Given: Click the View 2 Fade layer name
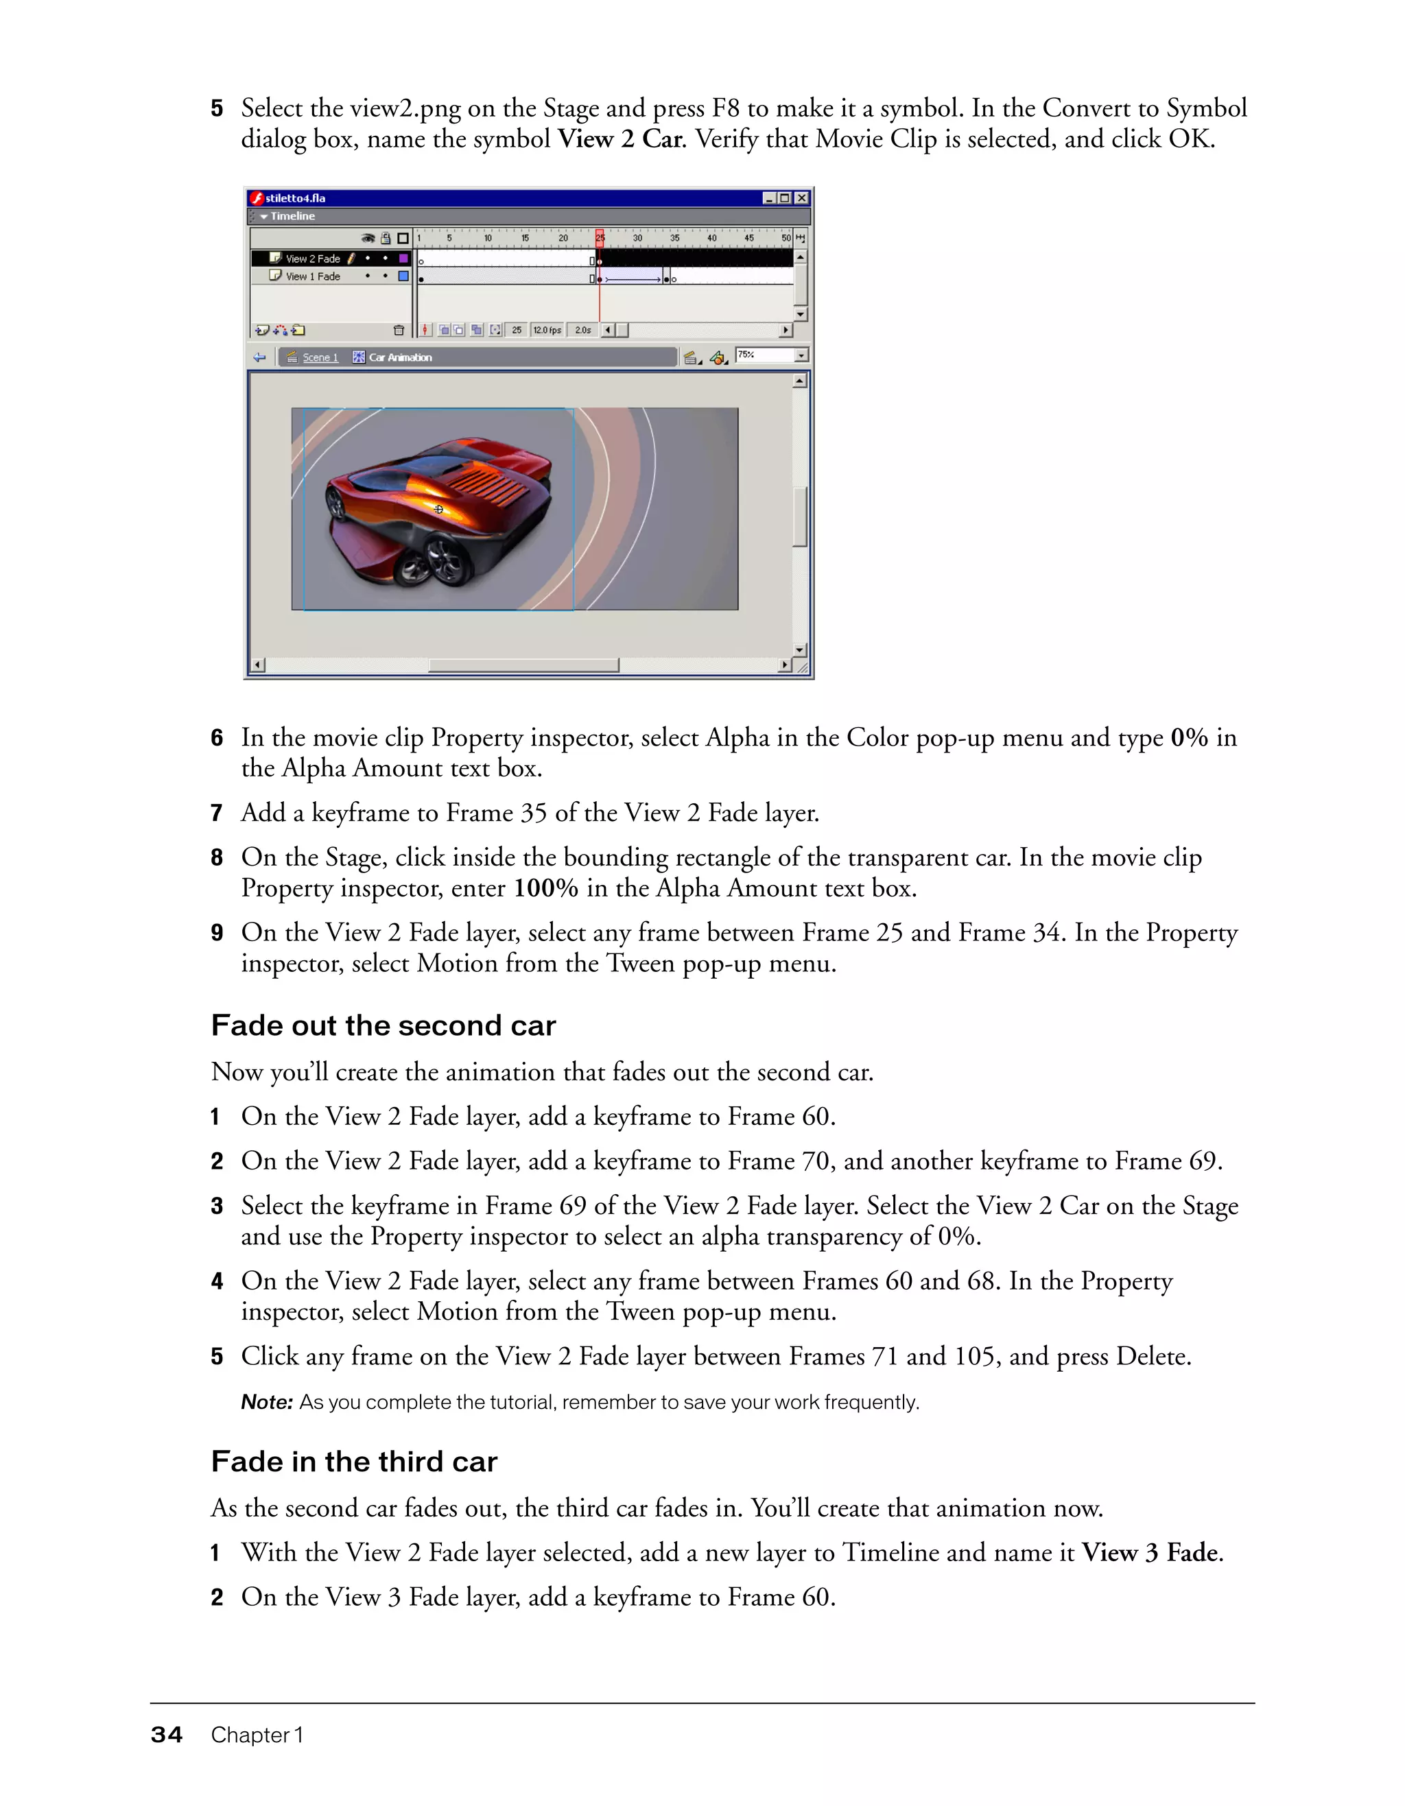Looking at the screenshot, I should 313,259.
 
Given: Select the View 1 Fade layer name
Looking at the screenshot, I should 313,277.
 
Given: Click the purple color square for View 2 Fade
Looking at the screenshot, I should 403,259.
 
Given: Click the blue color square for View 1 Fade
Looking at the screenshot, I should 403,277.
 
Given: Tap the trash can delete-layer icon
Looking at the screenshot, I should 399,331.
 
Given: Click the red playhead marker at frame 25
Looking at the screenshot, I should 600,237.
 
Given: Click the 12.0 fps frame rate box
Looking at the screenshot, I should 547,331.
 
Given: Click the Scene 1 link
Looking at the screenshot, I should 320,358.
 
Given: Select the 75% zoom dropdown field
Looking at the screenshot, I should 764,355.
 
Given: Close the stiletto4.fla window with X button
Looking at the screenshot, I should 801,198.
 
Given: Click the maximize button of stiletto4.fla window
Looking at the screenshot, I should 785,198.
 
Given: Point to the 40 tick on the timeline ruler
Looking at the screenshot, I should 711,238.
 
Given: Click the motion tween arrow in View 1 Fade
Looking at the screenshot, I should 633,279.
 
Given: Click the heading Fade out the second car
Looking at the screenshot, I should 383,1025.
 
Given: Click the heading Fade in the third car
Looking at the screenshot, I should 354,1461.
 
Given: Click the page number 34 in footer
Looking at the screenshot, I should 166,1735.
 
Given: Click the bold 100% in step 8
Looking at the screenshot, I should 546,888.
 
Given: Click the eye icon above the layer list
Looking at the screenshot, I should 368,239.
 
